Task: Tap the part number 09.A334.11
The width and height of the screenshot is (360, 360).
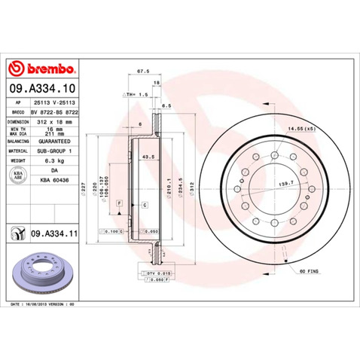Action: coord(55,236)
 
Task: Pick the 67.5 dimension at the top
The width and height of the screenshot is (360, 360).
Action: coord(140,73)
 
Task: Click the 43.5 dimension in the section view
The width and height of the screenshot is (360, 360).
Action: coord(139,157)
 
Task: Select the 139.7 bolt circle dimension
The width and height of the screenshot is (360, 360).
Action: coord(285,183)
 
